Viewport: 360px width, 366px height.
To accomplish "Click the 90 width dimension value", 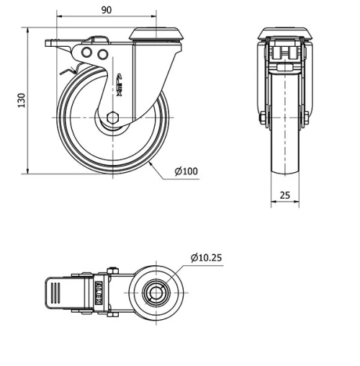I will pyautogui.click(x=106, y=10).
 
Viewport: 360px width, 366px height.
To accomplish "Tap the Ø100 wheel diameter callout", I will pyautogui.click(x=186, y=171).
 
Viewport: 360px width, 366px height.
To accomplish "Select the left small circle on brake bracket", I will pyautogui.click(x=86, y=54).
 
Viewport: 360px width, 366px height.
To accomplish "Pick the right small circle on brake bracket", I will pyautogui.click(x=102, y=54).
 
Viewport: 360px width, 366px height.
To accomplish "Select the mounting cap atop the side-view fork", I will pyautogui.click(x=153, y=35).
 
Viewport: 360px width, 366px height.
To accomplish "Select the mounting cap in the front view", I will pyautogui.click(x=285, y=34).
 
